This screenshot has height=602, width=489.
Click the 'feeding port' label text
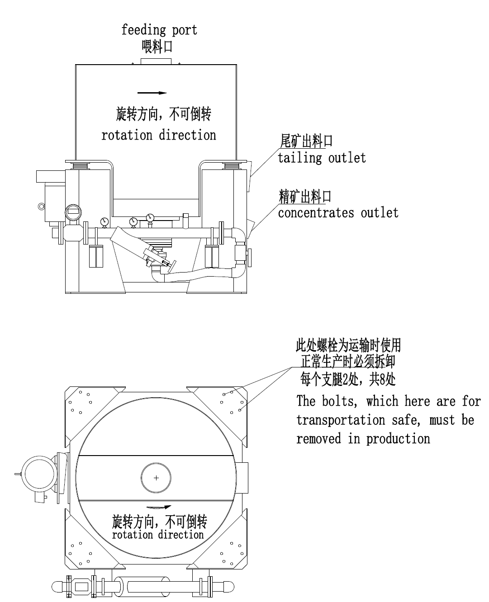pyautogui.click(x=159, y=30)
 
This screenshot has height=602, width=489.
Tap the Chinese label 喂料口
pyautogui.click(x=157, y=46)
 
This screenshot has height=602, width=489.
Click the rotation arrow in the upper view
pyautogui.click(x=152, y=93)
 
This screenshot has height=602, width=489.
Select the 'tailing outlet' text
pyautogui.click(x=322, y=158)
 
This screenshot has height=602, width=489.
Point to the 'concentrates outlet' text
pyautogui.click(x=338, y=212)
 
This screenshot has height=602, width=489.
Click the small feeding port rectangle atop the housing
pyautogui.click(x=156, y=61)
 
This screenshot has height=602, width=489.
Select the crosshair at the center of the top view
pyautogui.click(x=156, y=478)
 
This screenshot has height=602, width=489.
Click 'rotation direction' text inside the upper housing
pyautogui.click(x=158, y=135)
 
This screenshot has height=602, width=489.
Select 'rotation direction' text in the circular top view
pyautogui.click(x=158, y=535)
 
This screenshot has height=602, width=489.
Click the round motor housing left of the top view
pyautogui.click(x=39, y=474)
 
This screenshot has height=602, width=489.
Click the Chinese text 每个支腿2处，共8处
pyautogui.click(x=348, y=379)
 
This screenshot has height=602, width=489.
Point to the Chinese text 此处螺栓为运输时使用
pyautogui.click(x=348, y=346)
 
